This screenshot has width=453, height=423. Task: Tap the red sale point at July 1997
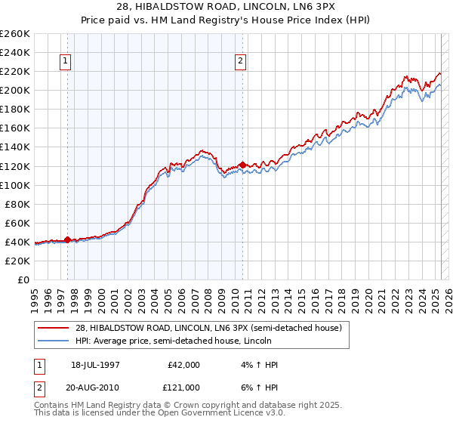pos(68,239)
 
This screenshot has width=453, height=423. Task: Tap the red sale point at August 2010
pos(242,165)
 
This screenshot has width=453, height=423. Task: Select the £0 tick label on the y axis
pos(24,279)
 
